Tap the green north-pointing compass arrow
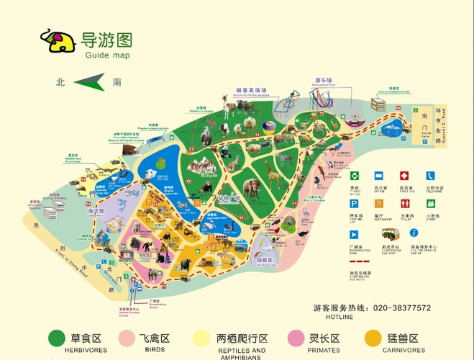(x=89, y=82)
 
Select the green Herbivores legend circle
(x=56, y=338)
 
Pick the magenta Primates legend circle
(x=296, y=338)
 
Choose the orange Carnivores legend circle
(x=373, y=338)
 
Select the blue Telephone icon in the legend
(x=430, y=175)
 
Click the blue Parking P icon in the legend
(x=354, y=203)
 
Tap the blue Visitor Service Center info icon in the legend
(x=414, y=233)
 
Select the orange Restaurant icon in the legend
(x=379, y=203)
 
